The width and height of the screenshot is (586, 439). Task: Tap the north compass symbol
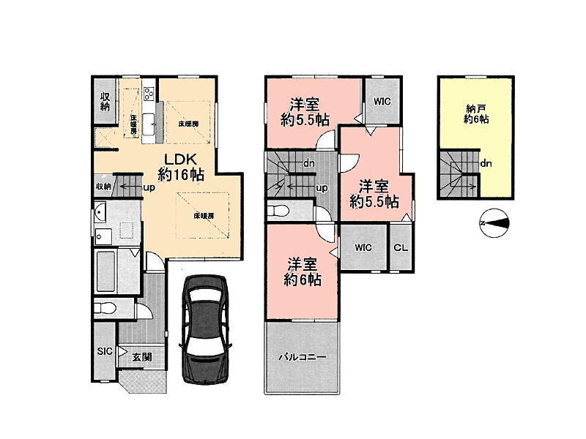[494, 223]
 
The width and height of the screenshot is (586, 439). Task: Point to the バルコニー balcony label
[303, 357]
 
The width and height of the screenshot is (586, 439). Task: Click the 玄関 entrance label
[142, 356]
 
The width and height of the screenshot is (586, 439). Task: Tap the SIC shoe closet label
[105, 351]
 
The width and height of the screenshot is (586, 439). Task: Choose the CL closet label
[401, 247]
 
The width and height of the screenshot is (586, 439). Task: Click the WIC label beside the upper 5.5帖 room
[382, 101]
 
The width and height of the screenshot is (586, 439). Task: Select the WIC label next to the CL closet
[363, 247]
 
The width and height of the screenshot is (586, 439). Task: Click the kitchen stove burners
[149, 94]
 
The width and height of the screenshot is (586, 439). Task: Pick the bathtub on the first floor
[105, 271]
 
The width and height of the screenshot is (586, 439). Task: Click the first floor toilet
[105, 308]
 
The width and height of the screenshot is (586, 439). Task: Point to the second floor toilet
[278, 211]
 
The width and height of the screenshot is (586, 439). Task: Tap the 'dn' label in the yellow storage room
[486, 163]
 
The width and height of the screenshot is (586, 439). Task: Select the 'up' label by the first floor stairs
[149, 187]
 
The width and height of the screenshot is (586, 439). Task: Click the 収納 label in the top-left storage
[105, 101]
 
